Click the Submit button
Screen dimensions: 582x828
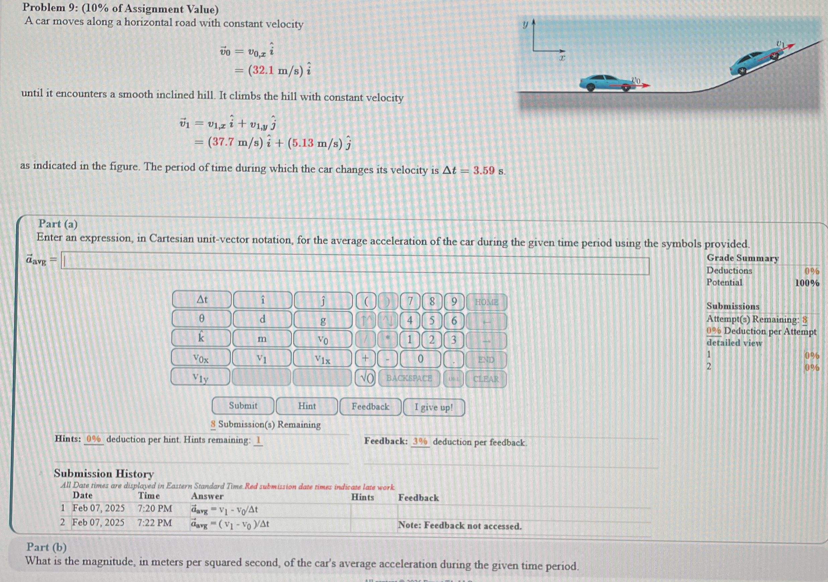[x=243, y=406]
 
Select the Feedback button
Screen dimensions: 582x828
[x=370, y=407]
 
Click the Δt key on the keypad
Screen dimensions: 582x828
[x=201, y=300]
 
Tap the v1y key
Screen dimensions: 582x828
[x=200, y=377]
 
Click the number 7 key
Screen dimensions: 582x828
[x=410, y=302]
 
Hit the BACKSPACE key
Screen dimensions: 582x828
[x=409, y=378]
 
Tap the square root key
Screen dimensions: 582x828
[x=365, y=378]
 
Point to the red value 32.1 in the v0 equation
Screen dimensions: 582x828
[x=263, y=70]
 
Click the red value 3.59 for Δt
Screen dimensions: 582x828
[x=484, y=170]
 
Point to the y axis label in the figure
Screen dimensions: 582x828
[x=525, y=24]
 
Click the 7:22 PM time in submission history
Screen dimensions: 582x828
[x=154, y=523]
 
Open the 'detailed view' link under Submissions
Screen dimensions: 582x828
[x=734, y=343]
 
